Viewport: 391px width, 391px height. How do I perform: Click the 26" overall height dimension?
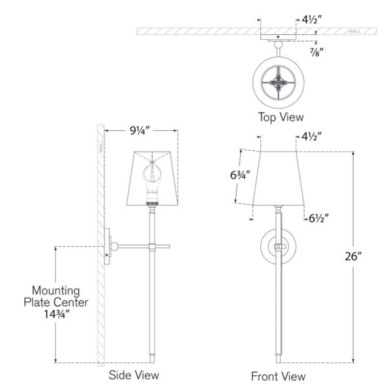[x=353, y=256]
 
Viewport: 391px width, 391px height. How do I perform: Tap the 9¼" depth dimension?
[x=140, y=130]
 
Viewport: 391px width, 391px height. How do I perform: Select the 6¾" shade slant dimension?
[x=240, y=175]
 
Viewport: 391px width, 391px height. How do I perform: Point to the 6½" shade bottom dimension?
[x=319, y=219]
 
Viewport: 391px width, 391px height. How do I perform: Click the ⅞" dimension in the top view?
[x=316, y=52]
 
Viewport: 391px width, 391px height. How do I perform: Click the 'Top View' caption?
[x=281, y=117]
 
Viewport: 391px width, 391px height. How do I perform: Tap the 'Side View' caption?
[x=134, y=375]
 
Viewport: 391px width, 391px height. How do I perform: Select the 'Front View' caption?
[x=278, y=376]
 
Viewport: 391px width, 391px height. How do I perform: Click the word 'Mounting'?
[x=56, y=291]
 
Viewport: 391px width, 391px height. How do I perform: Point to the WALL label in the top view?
[x=354, y=31]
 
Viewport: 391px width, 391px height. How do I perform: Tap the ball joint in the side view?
[x=114, y=246]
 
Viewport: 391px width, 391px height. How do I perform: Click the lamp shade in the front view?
[x=279, y=178]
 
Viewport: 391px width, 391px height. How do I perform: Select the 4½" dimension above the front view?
[x=312, y=136]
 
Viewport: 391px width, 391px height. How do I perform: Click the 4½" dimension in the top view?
[x=312, y=19]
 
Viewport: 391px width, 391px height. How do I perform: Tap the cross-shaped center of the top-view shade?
[x=279, y=82]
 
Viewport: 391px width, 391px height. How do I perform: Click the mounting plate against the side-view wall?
[x=107, y=246]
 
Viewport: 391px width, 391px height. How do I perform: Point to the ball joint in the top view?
[x=279, y=45]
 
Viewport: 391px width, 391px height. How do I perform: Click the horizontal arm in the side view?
[x=144, y=246]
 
